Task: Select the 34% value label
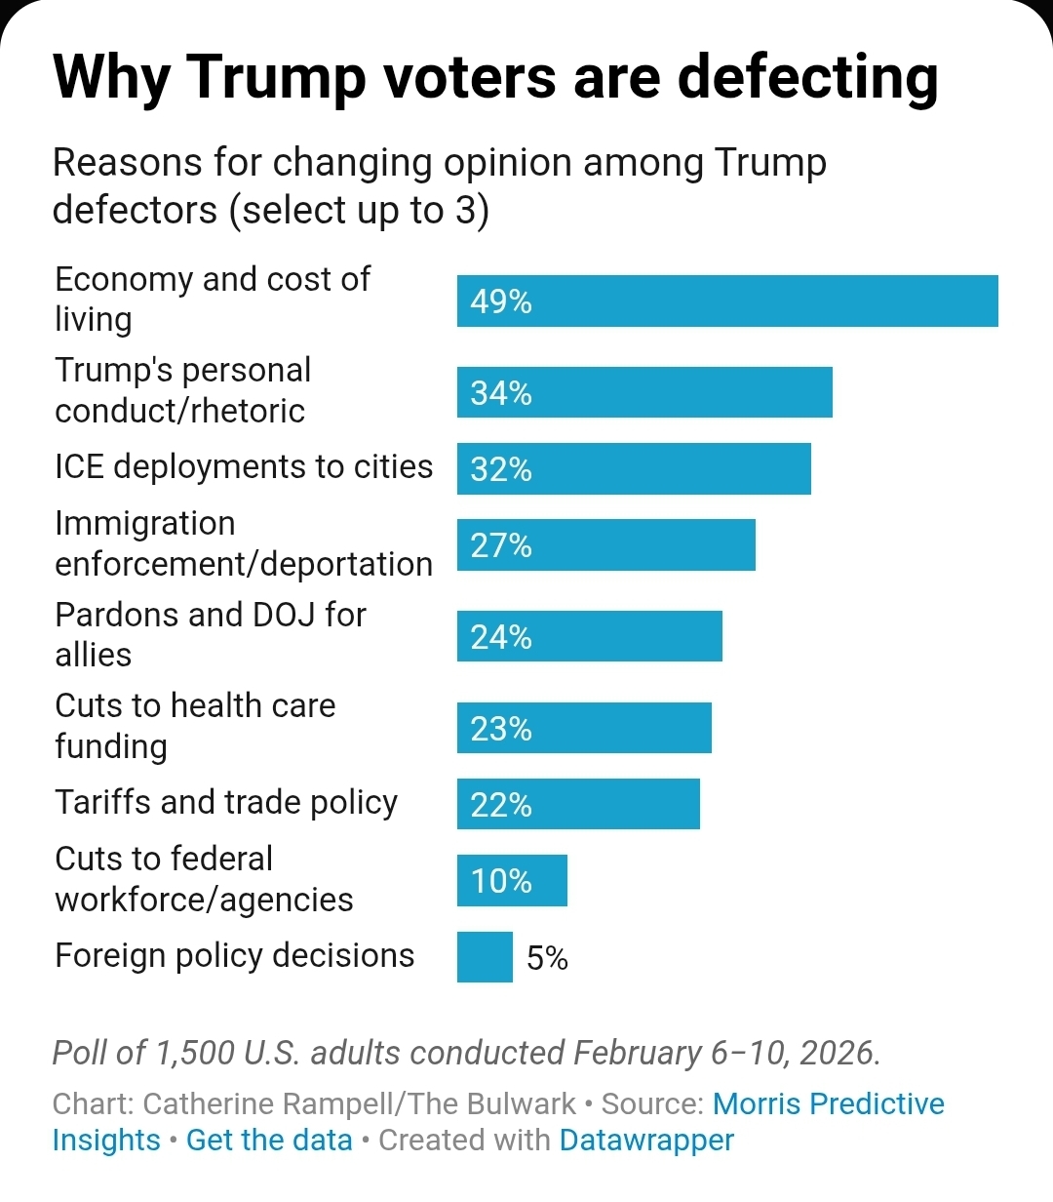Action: [501, 393]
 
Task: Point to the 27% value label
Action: [501, 545]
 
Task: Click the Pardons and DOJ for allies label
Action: [211, 634]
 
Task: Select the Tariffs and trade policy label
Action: [226, 802]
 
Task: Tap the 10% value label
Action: [501, 881]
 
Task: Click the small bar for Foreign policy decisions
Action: [485, 957]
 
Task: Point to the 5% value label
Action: [547, 958]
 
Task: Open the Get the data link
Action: [269, 1140]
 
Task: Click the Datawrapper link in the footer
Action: [646, 1140]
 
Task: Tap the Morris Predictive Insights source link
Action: [828, 1103]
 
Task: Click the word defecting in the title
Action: [808, 78]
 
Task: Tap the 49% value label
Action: [501, 301]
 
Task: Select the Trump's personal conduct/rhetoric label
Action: [183, 390]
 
